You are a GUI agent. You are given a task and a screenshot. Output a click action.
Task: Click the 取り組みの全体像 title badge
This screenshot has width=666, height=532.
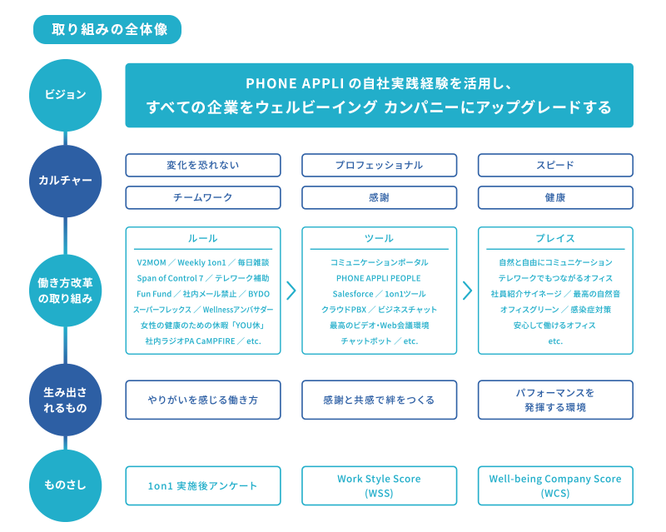pyautogui.click(x=107, y=29)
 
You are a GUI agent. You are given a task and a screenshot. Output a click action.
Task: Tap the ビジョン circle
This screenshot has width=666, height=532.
pyautogui.click(x=65, y=95)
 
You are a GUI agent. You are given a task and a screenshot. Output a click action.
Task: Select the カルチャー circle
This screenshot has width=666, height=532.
pyautogui.click(x=65, y=180)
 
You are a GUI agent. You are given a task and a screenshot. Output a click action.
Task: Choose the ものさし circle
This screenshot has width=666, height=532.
pyautogui.click(x=65, y=485)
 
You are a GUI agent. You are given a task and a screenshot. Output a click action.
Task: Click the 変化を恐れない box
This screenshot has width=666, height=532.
pyautogui.click(x=203, y=165)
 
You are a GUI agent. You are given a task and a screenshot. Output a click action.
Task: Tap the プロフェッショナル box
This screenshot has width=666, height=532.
pyautogui.click(x=379, y=165)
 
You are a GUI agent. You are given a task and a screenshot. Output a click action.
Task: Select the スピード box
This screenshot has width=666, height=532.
pyautogui.click(x=555, y=165)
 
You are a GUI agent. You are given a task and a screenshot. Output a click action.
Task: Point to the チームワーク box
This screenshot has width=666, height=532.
pyautogui.click(x=203, y=197)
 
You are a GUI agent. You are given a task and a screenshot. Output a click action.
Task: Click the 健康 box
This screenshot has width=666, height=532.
pyautogui.click(x=555, y=197)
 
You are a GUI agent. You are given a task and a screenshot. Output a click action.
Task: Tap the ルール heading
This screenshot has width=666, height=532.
pyautogui.click(x=203, y=238)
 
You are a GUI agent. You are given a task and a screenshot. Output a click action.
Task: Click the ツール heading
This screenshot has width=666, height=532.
pyautogui.click(x=379, y=238)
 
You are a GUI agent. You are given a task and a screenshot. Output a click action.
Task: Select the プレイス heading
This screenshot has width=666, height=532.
pyautogui.click(x=555, y=238)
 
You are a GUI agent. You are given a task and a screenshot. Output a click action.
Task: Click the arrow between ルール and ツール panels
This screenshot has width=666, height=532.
pyautogui.click(x=291, y=290)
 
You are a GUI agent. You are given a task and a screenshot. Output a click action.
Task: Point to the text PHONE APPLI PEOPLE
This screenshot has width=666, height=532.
pyautogui.click(x=379, y=278)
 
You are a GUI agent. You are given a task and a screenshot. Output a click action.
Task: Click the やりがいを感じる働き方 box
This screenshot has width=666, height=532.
pyautogui.click(x=203, y=400)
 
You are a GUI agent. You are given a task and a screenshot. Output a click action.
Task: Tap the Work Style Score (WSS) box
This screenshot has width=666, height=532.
pyautogui.click(x=379, y=485)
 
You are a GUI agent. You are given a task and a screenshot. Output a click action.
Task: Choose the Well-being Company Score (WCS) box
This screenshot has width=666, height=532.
pyautogui.click(x=555, y=485)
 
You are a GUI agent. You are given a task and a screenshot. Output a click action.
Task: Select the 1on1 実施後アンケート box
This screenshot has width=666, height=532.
pyautogui.click(x=203, y=485)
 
